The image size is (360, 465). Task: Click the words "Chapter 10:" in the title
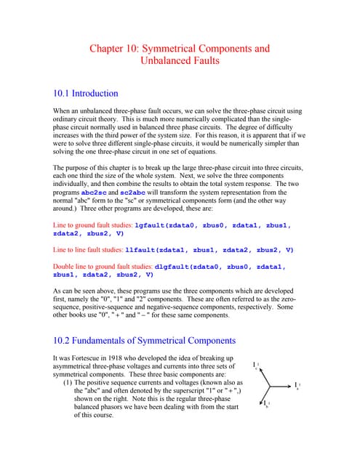click(117, 49)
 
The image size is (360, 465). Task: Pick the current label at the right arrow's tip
click(297, 386)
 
